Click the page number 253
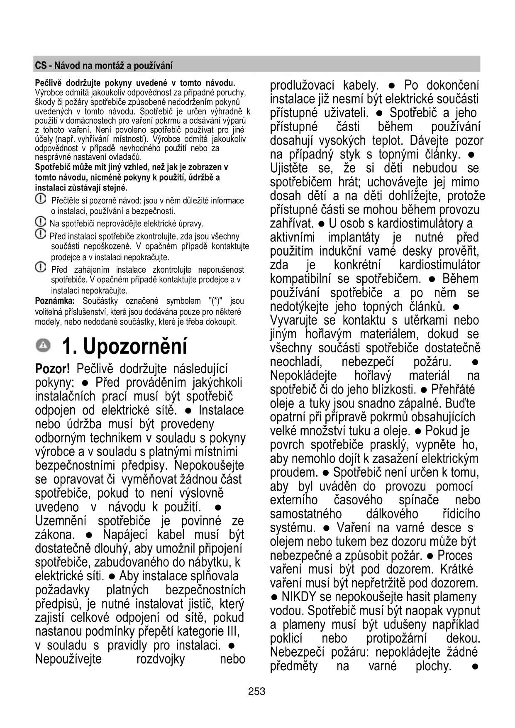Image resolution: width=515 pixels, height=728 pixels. (x=256, y=691)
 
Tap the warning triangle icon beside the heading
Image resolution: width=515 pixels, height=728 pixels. (x=43, y=345)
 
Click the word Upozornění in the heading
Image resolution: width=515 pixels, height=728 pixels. (x=135, y=346)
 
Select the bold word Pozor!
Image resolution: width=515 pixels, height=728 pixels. (x=52, y=369)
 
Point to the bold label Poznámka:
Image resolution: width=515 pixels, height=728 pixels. (x=55, y=301)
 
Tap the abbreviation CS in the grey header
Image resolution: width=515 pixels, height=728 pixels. (x=40, y=66)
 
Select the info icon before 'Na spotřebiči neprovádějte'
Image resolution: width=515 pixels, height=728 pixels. (x=40, y=222)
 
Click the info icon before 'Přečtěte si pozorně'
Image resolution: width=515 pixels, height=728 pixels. (x=40, y=199)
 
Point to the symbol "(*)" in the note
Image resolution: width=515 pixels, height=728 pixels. (x=216, y=301)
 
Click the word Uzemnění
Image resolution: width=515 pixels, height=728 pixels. (x=61, y=520)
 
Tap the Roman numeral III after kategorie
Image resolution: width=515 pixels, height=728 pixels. (x=232, y=631)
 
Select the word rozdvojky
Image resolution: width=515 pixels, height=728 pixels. (x=160, y=659)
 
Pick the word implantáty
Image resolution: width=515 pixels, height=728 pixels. (x=354, y=237)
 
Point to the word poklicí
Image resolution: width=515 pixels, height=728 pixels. (x=286, y=638)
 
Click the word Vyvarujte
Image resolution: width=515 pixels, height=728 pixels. (x=295, y=320)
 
